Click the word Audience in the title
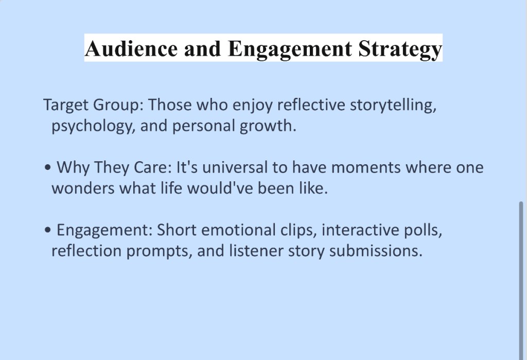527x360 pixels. coord(131,48)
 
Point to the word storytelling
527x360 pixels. coord(393,105)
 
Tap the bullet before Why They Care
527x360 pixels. coord(48,167)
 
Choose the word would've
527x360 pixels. coord(220,188)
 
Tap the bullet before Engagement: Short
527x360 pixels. coord(48,230)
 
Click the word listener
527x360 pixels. coord(256,251)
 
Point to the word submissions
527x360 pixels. coord(376,251)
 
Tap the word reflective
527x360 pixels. coord(311,105)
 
